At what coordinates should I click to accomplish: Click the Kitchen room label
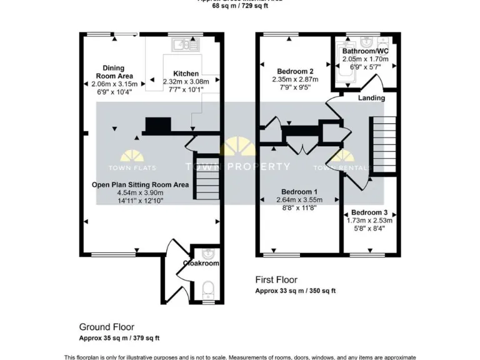point(186,73)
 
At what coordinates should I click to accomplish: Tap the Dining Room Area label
point(113,72)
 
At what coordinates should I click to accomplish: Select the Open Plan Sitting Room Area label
point(140,184)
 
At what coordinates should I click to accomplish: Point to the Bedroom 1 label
point(299,191)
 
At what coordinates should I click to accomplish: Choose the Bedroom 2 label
point(296,71)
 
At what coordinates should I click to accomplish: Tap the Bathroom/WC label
point(366,51)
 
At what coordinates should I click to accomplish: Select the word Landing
point(371,98)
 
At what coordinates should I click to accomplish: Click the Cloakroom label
point(201,264)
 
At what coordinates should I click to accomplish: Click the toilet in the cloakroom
point(209,290)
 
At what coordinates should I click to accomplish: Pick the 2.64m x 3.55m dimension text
point(299,200)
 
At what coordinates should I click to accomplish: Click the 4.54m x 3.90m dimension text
point(140,193)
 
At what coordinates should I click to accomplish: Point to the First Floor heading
point(276,280)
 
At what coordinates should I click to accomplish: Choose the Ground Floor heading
point(106,327)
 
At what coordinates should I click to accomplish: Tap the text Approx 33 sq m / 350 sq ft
point(295,291)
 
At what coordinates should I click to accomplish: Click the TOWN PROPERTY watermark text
point(237,167)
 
